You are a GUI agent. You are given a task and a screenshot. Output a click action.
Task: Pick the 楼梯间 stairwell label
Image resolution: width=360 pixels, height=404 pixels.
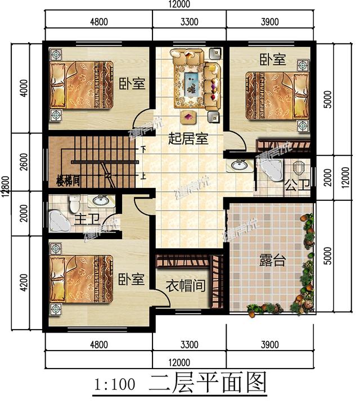click(x=70, y=182)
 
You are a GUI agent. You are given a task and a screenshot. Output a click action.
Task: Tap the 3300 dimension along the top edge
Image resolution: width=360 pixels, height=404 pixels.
click(x=190, y=23)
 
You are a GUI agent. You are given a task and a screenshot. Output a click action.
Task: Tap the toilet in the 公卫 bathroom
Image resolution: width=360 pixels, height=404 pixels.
click(x=298, y=168)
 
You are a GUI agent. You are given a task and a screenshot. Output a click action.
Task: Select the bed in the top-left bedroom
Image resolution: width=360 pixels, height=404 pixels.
click(x=82, y=84)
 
